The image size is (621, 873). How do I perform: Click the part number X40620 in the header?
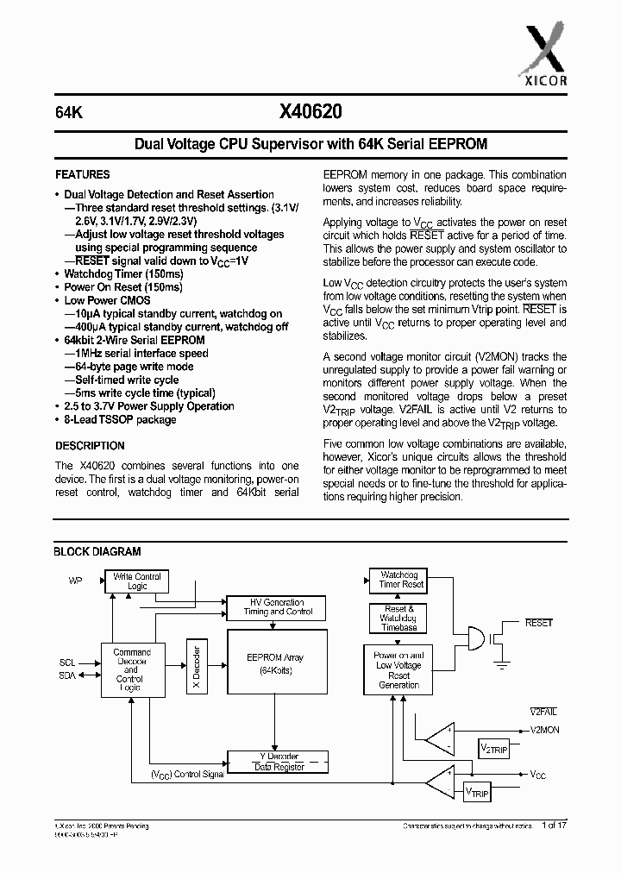[x=310, y=110]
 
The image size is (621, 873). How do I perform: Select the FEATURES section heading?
[x=83, y=174]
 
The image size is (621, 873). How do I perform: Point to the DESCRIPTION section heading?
[x=90, y=446]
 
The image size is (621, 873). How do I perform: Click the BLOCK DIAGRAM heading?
[x=97, y=551]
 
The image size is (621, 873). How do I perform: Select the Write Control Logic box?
[x=137, y=581]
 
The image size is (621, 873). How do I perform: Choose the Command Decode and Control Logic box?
[x=131, y=670]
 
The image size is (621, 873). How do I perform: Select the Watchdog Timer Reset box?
[x=401, y=580]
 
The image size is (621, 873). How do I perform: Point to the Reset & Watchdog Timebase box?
[x=399, y=618]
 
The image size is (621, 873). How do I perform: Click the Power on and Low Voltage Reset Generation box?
[x=398, y=671]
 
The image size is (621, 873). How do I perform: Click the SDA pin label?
[x=67, y=675]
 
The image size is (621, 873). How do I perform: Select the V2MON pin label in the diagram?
[x=543, y=730]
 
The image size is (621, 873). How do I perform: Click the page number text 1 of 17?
[x=556, y=826]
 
